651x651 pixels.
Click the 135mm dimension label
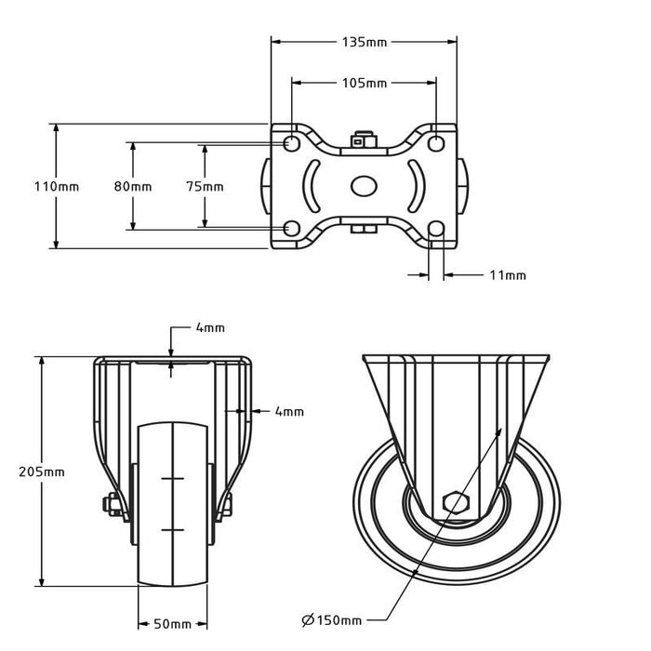(x=365, y=41)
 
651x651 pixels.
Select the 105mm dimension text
(x=365, y=83)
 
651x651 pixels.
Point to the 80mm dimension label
(x=133, y=186)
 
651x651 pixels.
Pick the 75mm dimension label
(x=205, y=186)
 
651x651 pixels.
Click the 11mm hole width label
(x=508, y=274)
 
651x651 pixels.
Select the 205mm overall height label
(x=42, y=472)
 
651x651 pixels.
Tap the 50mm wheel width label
(x=174, y=623)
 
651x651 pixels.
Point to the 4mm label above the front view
(x=209, y=328)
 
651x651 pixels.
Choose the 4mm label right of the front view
(x=289, y=411)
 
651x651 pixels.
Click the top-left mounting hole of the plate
(x=290, y=145)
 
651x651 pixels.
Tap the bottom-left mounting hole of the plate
(x=290, y=228)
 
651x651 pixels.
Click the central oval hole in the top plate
(x=364, y=186)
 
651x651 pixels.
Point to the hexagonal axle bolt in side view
(x=456, y=503)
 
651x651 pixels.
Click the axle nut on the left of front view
(x=111, y=506)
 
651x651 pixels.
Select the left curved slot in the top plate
(x=312, y=186)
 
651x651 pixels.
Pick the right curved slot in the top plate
(x=415, y=186)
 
